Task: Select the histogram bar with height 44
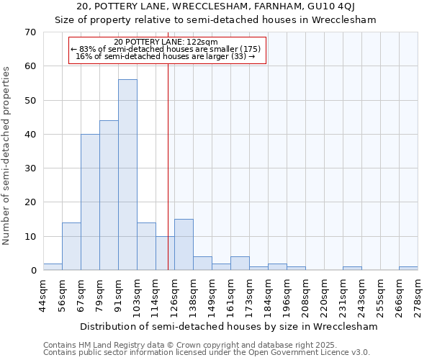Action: (109, 195)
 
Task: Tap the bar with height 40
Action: (90, 202)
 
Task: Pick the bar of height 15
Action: (184, 245)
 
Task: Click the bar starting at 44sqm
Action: (53, 267)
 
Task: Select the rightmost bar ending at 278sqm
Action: (408, 269)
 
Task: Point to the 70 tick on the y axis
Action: (30, 32)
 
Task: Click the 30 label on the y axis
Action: (30, 168)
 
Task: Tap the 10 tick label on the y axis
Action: (30, 236)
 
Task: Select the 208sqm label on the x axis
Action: (305, 295)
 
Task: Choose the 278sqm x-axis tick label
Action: (418, 295)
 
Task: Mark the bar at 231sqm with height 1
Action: (352, 269)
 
